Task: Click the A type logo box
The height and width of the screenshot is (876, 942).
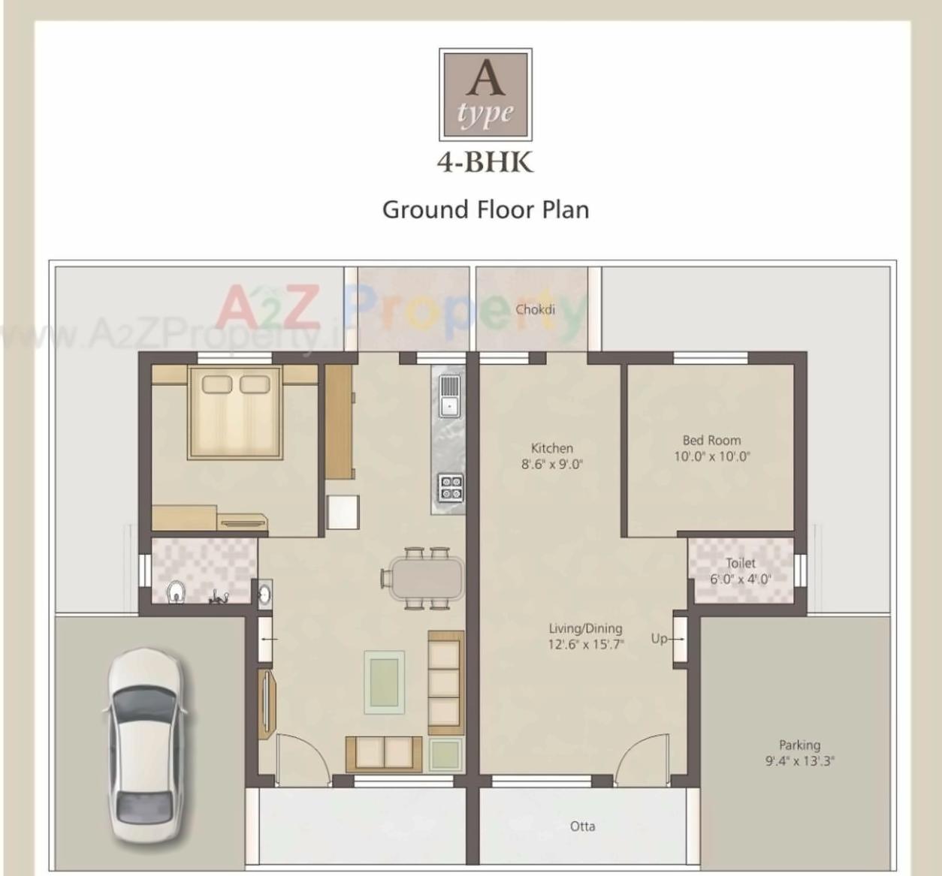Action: pyautogui.click(x=485, y=95)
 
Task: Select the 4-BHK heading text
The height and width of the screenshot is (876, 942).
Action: pyautogui.click(x=485, y=162)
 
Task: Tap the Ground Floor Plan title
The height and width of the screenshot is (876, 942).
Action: pyautogui.click(x=485, y=209)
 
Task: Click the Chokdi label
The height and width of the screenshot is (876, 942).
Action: pyautogui.click(x=535, y=309)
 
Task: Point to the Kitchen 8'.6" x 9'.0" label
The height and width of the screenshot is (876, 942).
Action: pyautogui.click(x=552, y=456)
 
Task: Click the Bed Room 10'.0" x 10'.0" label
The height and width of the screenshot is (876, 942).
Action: pyautogui.click(x=711, y=448)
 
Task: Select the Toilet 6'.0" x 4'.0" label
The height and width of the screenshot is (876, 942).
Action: pyautogui.click(x=741, y=571)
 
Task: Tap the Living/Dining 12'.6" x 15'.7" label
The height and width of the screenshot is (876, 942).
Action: pyautogui.click(x=585, y=636)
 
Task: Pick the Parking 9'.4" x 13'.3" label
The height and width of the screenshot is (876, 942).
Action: pyautogui.click(x=799, y=753)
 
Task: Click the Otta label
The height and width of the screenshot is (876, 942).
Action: pyautogui.click(x=582, y=826)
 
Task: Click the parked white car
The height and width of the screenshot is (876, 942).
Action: pyautogui.click(x=146, y=746)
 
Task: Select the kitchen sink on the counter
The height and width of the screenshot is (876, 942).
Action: pyautogui.click(x=449, y=396)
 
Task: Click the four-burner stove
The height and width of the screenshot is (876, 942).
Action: pyautogui.click(x=451, y=487)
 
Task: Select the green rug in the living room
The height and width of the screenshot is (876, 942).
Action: pyautogui.click(x=385, y=682)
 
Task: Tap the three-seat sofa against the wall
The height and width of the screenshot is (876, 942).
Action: pyautogui.click(x=445, y=682)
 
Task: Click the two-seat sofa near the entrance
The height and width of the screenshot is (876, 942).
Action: pyautogui.click(x=384, y=753)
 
